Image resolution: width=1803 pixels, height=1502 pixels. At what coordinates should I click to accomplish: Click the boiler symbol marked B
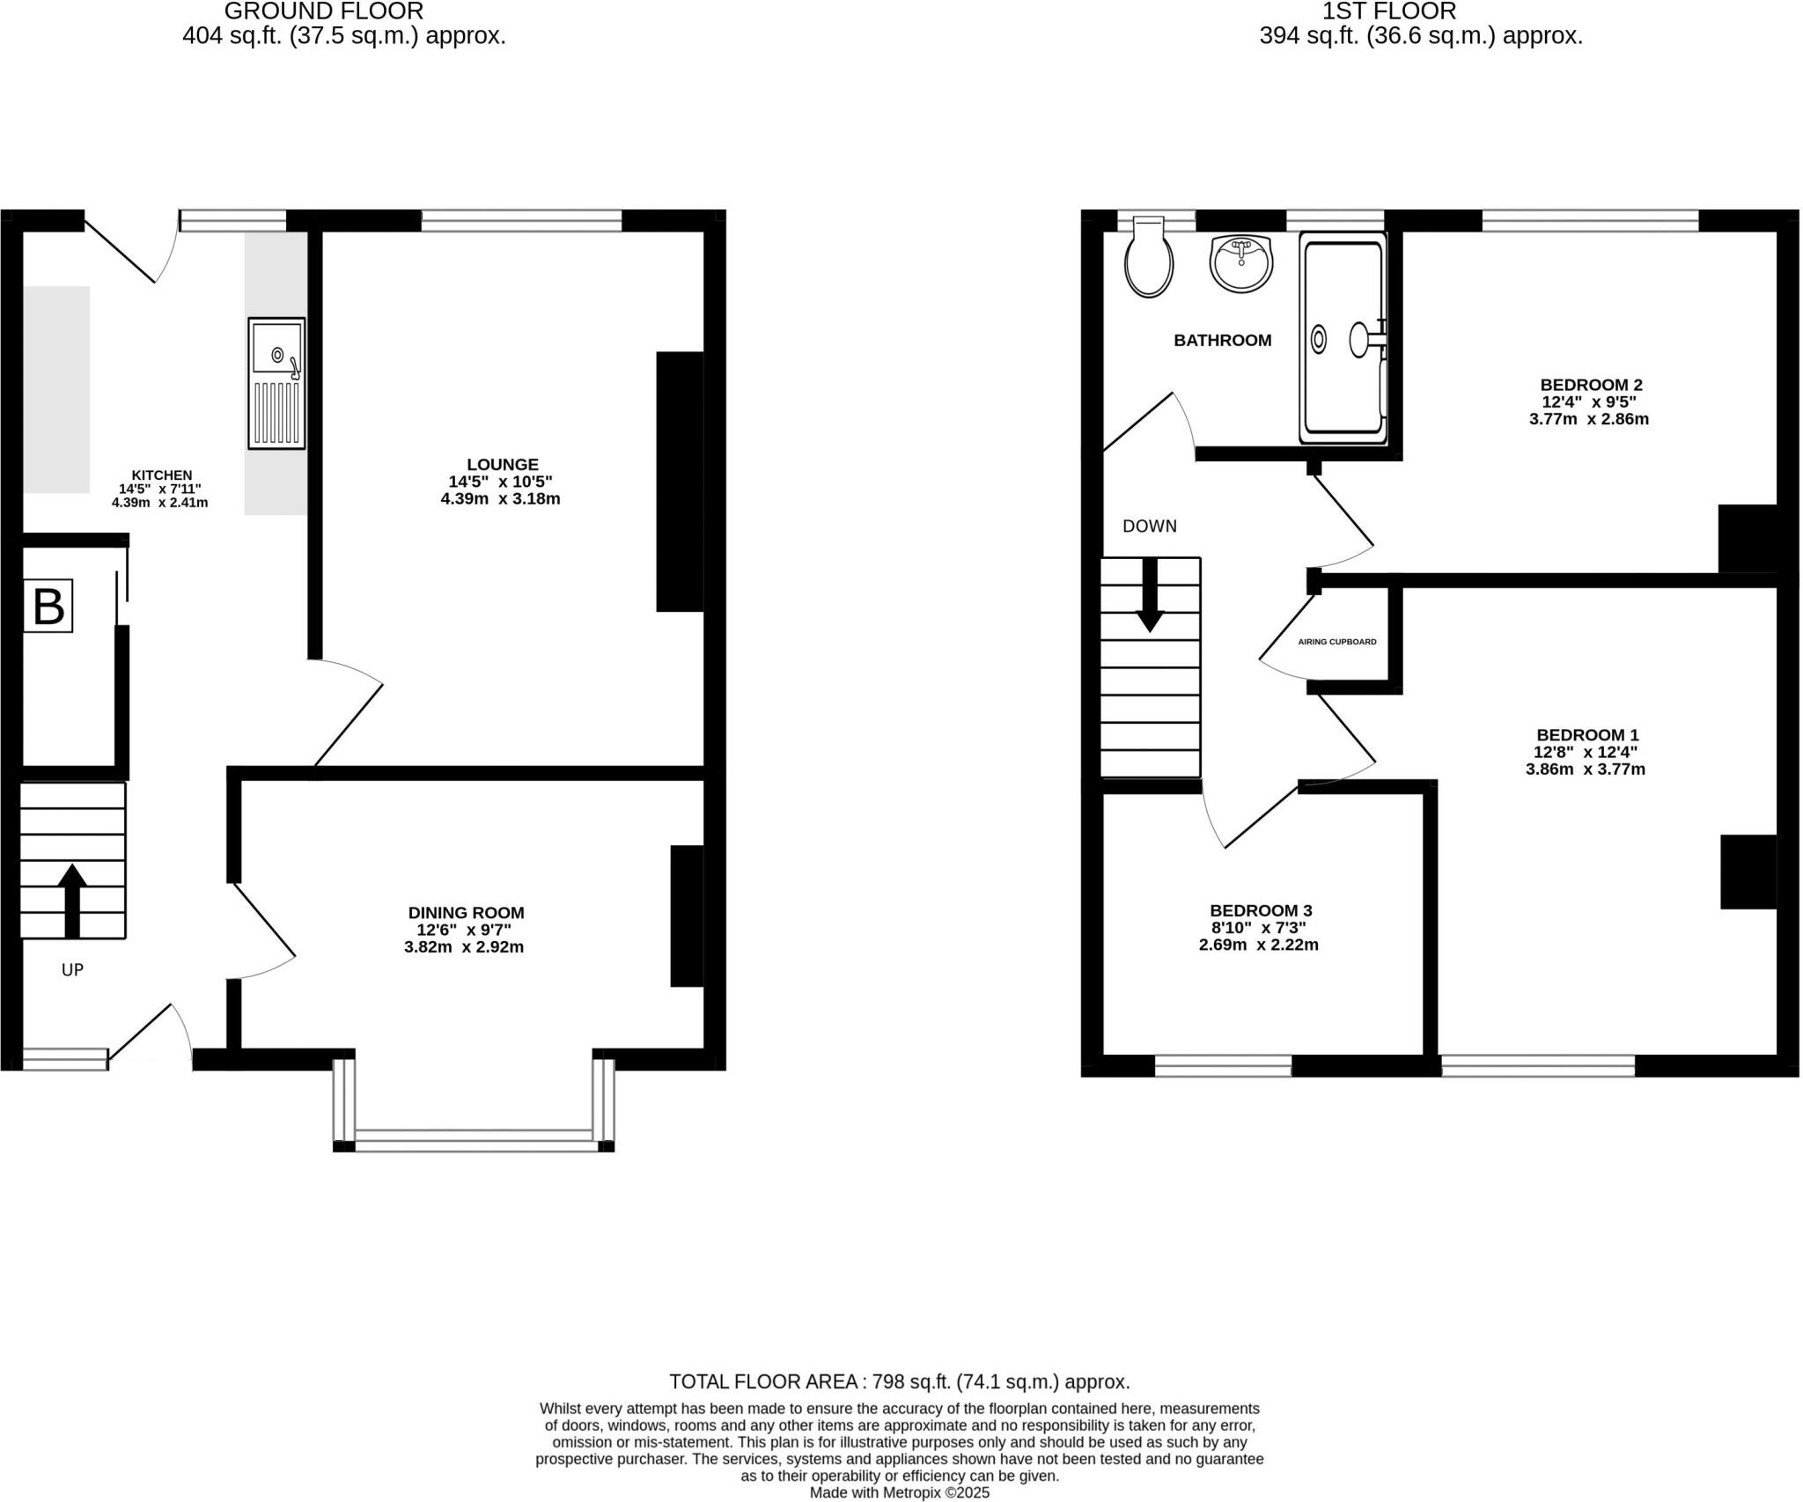point(48,606)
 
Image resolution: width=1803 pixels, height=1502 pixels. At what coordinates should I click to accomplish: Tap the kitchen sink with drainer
point(276,383)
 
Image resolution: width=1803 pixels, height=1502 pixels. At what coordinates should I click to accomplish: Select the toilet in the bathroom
point(1149,258)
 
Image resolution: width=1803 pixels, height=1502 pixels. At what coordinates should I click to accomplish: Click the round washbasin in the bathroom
point(1241,262)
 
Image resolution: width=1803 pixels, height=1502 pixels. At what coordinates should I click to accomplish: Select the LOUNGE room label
point(503,464)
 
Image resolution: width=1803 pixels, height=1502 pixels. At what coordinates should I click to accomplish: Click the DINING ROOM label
point(466,913)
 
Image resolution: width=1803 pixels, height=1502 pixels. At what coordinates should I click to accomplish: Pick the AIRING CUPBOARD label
point(1337,642)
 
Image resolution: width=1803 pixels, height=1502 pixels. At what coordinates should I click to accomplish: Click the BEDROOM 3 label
point(1261,910)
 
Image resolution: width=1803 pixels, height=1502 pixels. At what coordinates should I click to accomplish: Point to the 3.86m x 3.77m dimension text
point(1585,769)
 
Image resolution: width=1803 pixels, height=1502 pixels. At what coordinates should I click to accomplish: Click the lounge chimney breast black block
point(680,481)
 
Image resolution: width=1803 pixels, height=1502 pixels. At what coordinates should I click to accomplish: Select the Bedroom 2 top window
point(1590,221)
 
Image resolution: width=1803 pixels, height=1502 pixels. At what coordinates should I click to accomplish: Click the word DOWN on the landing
point(1149,526)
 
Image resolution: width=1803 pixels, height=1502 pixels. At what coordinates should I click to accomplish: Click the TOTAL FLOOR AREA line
point(899,1381)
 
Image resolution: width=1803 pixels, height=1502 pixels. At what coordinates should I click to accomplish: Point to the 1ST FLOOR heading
point(1420,11)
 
